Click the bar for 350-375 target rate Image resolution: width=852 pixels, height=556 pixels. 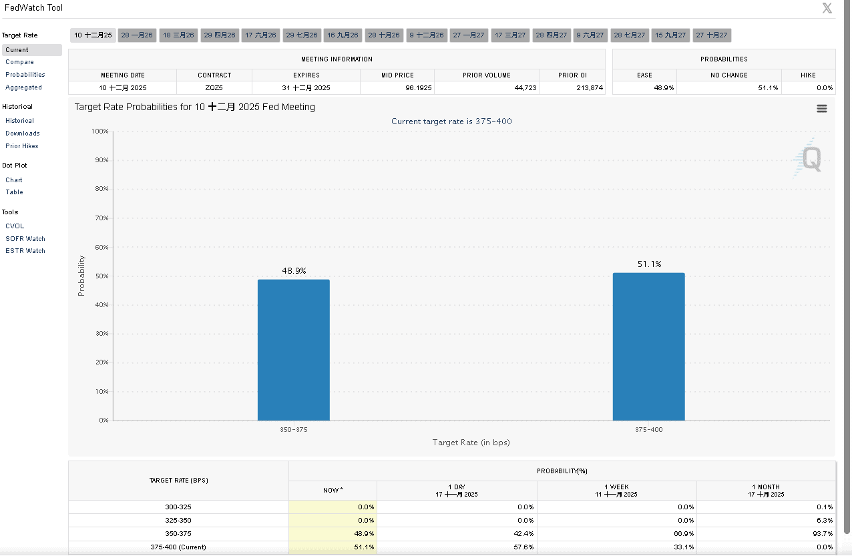coord(293,350)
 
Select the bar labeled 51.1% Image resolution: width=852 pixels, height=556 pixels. coord(648,346)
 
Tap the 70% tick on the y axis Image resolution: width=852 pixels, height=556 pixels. coord(101,218)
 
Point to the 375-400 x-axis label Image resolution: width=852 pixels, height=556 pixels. coord(648,430)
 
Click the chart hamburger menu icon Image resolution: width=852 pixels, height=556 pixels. coord(822,109)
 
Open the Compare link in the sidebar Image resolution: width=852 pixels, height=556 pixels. coord(19,62)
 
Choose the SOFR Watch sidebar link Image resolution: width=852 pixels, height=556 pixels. coord(25,239)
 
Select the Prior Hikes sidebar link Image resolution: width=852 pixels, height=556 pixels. coord(22,146)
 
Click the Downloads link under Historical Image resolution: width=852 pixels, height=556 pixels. coord(23,133)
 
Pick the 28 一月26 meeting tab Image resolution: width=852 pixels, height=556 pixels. coord(137,35)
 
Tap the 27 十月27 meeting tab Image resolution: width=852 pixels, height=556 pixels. coord(711,35)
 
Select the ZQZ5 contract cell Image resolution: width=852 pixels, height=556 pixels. coord(214,88)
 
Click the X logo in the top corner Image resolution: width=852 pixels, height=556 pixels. coord(827,8)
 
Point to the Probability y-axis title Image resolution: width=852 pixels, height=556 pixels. coord(81,276)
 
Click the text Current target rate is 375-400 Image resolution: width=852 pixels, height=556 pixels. coord(451,121)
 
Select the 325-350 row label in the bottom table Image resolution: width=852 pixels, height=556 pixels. coord(178,521)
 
